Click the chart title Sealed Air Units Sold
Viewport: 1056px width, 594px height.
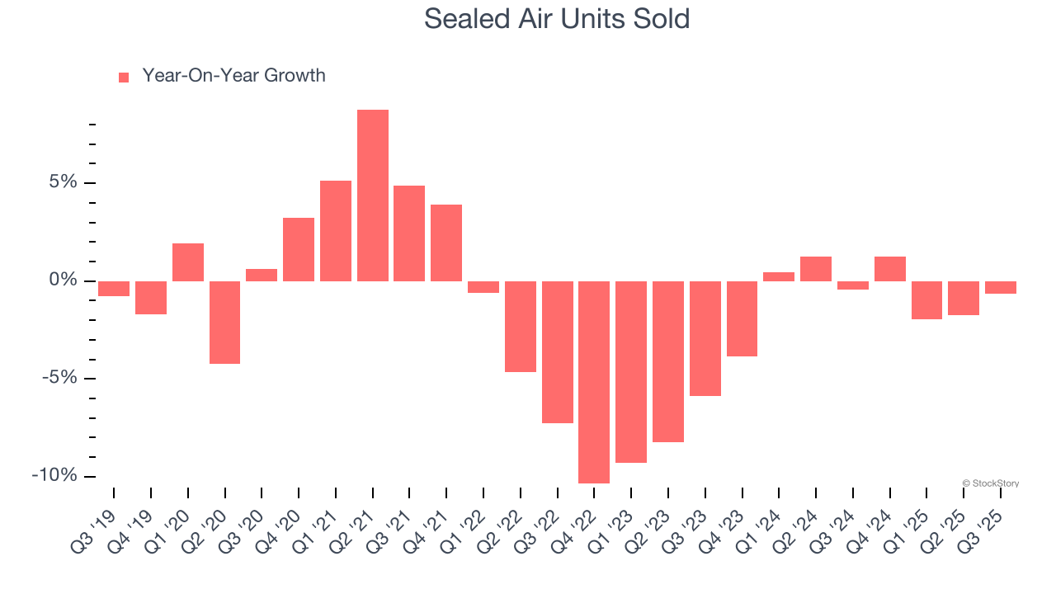click(x=557, y=18)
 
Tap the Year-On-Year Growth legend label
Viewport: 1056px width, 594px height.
click(x=233, y=76)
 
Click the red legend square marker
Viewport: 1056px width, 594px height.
click(x=124, y=77)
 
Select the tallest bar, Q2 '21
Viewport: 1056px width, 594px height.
click(x=373, y=196)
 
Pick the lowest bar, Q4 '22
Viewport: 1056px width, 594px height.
click(x=594, y=382)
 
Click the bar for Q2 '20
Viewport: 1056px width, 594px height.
click(x=224, y=322)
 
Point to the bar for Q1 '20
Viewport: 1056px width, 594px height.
click(x=188, y=262)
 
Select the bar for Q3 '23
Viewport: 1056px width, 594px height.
click(x=705, y=338)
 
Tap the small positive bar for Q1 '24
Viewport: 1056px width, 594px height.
click(x=779, y=277)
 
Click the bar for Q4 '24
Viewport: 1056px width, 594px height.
click(x=890, y=269)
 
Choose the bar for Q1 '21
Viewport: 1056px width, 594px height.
click(x=336, y=231)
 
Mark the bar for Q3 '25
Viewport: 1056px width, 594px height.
click(x=1001, y=287)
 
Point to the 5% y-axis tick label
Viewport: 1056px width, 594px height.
click(x=64, y=182)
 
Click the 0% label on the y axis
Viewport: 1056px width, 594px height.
click(x=64, y=280)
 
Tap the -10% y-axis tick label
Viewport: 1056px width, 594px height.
click(x=54, y=476)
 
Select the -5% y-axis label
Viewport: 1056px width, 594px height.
click(x=59, y=378)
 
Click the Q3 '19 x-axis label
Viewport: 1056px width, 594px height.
click(x=97, y=519)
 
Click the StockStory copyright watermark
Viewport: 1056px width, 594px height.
click(x=990, y=483)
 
